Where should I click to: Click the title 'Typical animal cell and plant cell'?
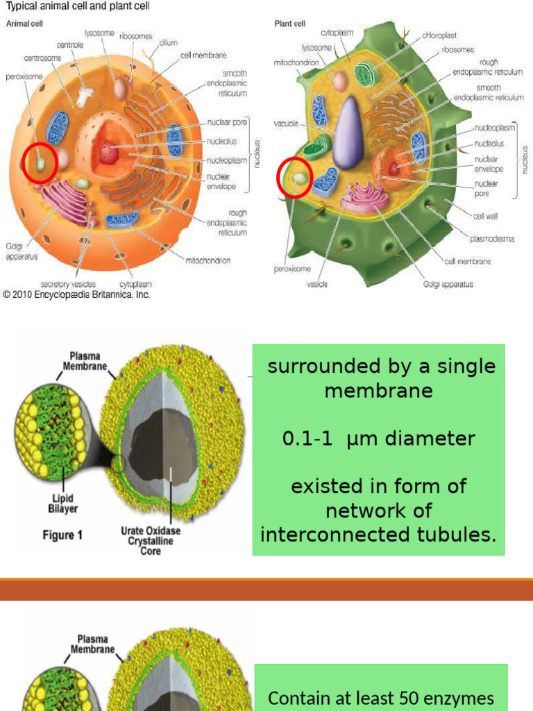[78, 6]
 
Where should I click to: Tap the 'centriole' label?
[70, 45]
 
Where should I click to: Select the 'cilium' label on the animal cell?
[168, 43]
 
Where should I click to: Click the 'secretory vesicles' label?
[68, 284]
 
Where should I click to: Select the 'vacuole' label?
[286, 124]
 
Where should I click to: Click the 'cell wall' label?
[485, 216]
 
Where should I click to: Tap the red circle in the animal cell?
[40, 163]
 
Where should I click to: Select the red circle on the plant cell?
[295, 178]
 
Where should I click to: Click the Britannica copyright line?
[76, 294]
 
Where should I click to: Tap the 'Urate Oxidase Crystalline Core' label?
[151, 541]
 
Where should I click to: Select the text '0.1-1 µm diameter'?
[379, 439]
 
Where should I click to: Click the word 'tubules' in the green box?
[459, 535]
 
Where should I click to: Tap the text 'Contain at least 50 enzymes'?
[381, 697]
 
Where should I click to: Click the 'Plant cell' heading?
[290, 24]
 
